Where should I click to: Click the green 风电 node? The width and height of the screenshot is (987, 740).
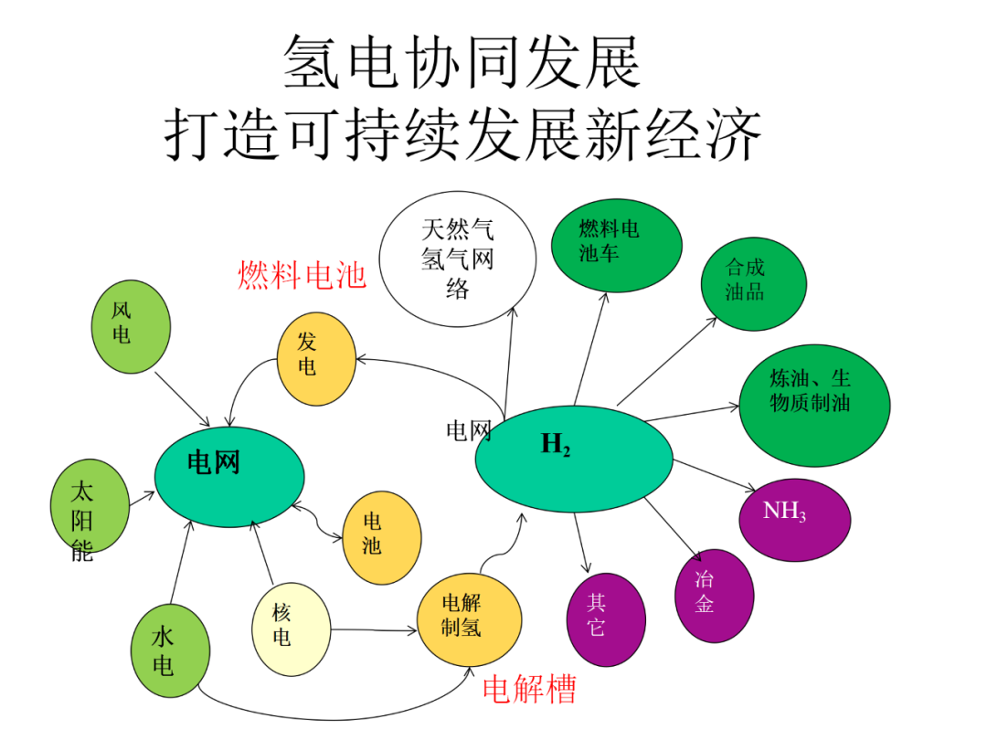click(132, 323)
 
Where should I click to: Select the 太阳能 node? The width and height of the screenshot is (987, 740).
click(89, 508)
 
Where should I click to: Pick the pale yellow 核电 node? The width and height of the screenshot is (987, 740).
click(290, 629)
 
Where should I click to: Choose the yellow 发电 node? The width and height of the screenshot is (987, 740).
click(315, 356)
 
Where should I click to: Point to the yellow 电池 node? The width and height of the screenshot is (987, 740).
click(381, 536)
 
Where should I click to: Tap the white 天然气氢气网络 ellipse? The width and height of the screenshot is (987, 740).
click(457, 259)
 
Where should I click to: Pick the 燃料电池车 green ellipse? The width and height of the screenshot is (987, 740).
click(617, 244)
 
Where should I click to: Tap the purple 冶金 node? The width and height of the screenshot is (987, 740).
click(714, 594)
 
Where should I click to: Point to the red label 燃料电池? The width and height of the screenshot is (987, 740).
click(302, 274)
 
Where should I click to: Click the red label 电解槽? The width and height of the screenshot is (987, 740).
click(529, 690)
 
